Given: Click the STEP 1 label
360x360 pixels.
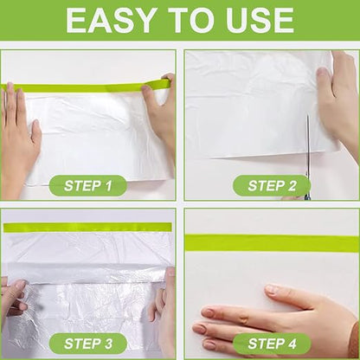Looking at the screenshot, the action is coord(88,186).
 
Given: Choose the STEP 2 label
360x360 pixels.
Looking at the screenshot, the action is coord(272,186).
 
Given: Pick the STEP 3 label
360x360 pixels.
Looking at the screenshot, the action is coord(88,344).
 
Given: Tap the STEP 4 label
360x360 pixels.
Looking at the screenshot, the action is coord(272,344).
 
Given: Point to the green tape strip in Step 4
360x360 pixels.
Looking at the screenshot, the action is coord(272,243).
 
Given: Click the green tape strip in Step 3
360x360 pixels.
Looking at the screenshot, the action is coord(87,227).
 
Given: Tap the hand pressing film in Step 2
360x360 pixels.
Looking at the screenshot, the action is coord(337,98).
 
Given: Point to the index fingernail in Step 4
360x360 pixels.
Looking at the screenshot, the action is coord(271,289).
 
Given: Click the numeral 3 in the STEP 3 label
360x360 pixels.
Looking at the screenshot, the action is coord(107,344).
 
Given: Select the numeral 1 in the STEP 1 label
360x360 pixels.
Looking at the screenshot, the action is coord(108,186).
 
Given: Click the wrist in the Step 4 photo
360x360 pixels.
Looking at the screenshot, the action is coord(352,337).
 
